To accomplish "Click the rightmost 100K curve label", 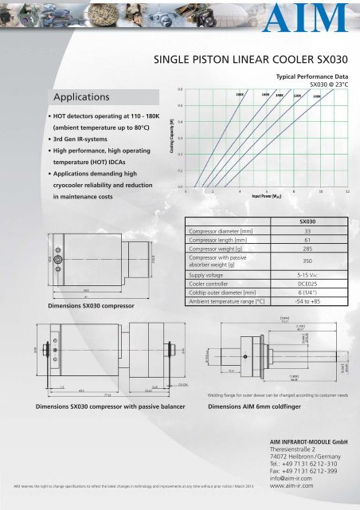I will (x=316, y=96).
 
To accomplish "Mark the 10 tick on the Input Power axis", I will (x=321, y=192).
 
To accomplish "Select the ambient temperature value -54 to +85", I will (x=307, y=302).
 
